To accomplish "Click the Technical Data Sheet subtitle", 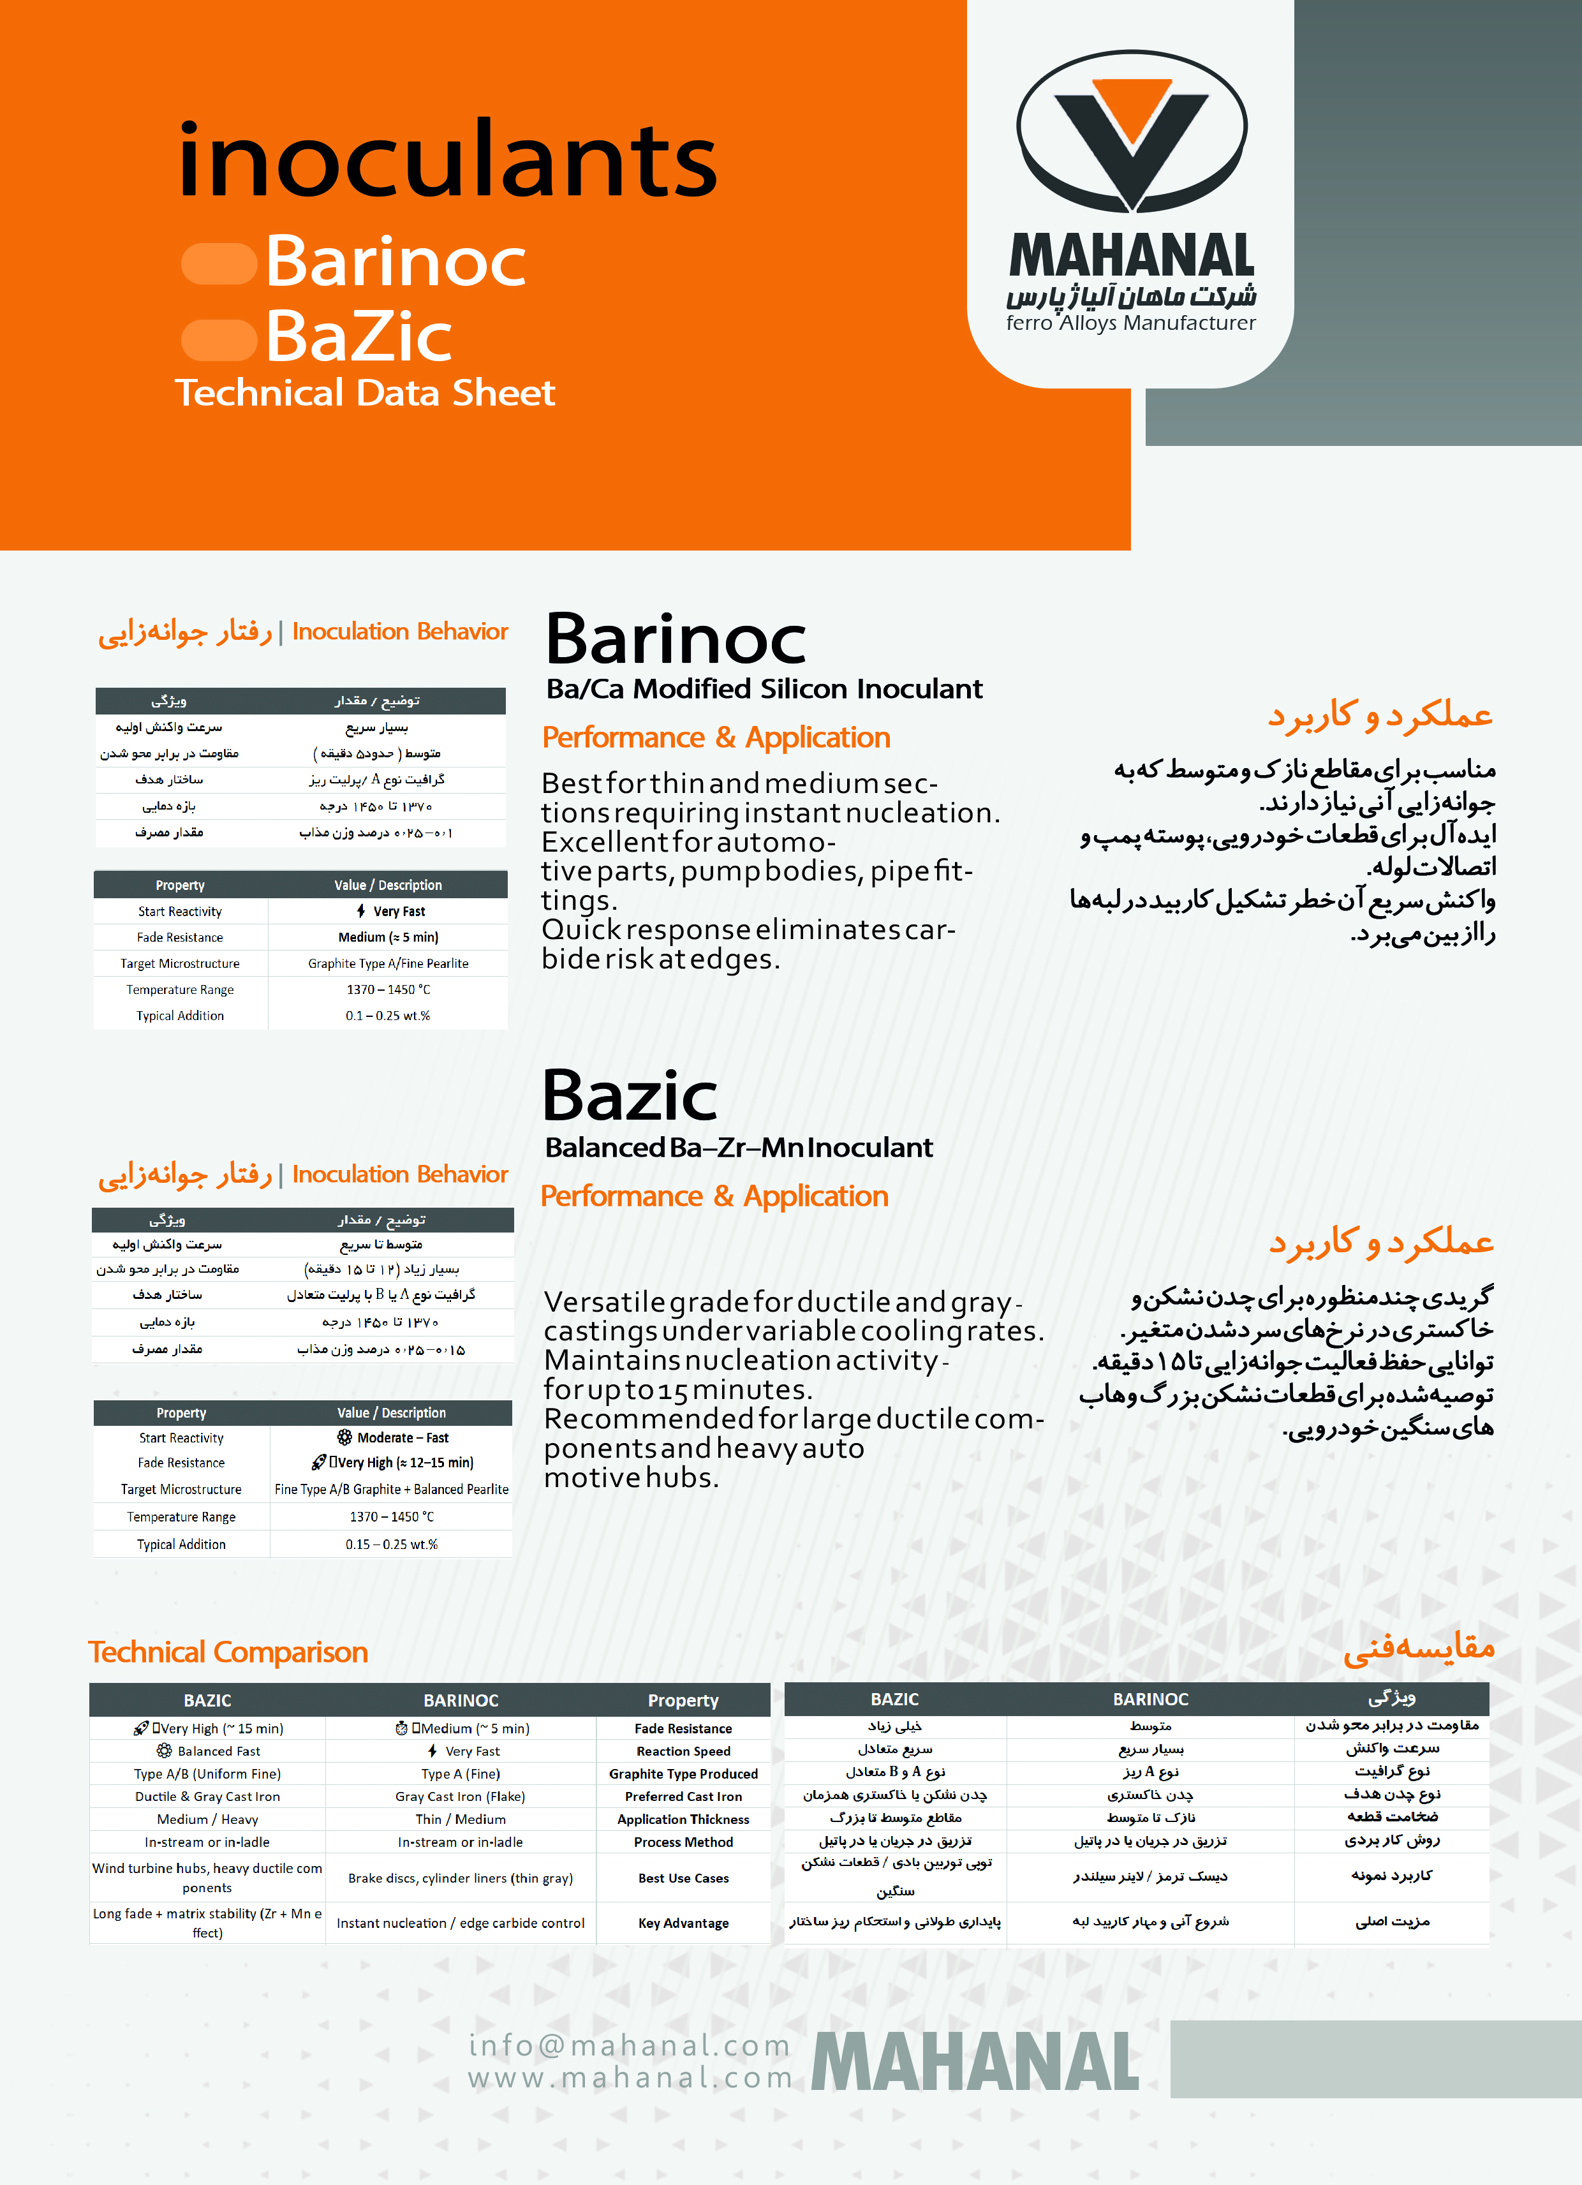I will click(364, 393).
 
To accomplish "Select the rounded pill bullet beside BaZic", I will click(219, 339).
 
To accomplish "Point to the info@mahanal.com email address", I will click(629, 2045).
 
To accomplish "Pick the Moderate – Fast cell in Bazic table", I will click(392, 1437).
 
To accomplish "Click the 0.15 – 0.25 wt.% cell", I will click(391, 1544).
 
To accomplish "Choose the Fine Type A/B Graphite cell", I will click(391, 1490).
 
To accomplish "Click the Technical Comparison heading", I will click(228, 1652).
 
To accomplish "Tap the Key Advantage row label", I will click(683, 1923).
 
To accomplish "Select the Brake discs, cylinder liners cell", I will click(461, 1878).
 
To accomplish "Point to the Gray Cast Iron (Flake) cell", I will click(461, 1796).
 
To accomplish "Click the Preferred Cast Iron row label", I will click(683, 1796).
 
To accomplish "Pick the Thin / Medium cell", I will click(461, 1819).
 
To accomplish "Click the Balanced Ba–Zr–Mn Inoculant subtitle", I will click(738, 1148).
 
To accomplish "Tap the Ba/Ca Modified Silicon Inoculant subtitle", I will click(764, 689).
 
